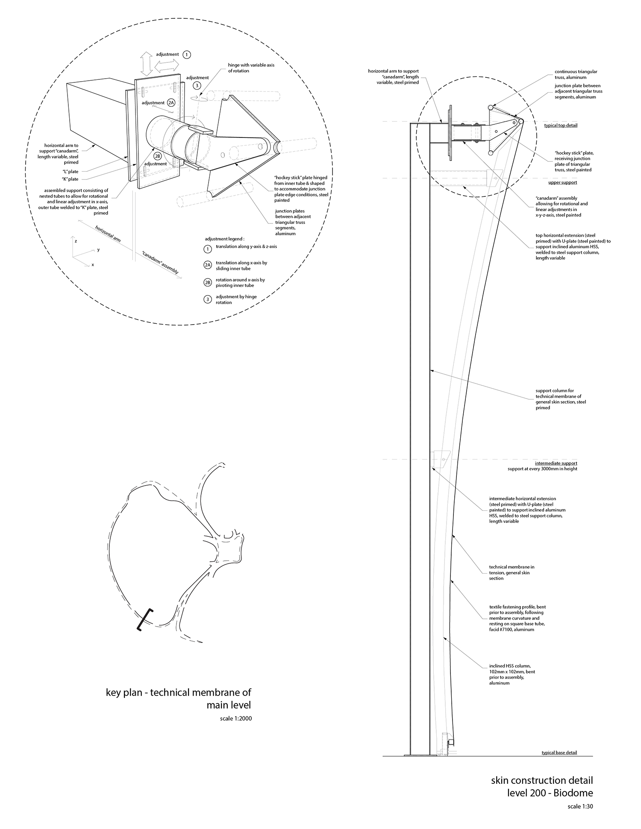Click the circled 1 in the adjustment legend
(208, 249)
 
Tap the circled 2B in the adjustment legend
(208, 282)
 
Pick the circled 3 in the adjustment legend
(208, 299)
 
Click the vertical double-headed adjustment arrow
(147, 64)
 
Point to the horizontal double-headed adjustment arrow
(167, 66)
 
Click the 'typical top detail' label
(560, 126)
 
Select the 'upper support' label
(562, 182)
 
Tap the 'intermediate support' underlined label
(556, 463)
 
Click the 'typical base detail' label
(559, 753)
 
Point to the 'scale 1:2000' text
(236, 718)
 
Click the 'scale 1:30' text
(580, 807)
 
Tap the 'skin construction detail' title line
(542, 780)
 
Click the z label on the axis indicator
(76, 241)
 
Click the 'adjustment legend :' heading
(225, 239)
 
